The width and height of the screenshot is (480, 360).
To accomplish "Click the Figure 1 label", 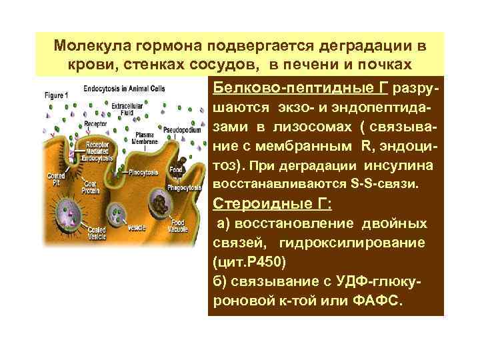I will pyautogui.click(x=55, y=95).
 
